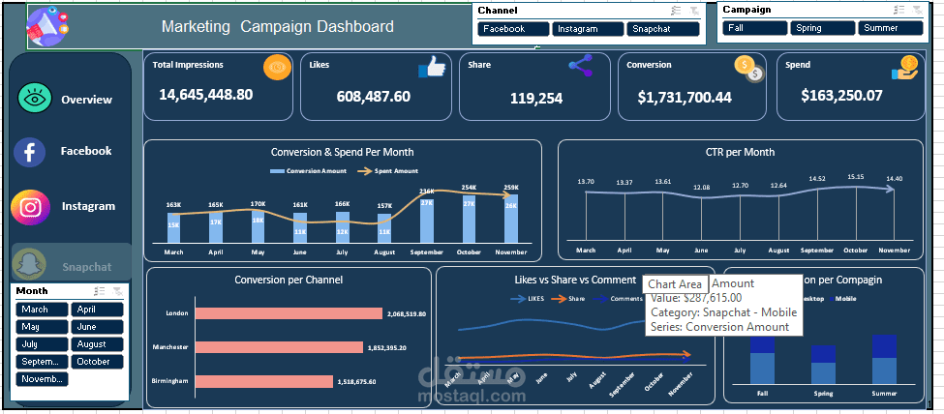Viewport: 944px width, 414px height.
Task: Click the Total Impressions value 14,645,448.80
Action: (x=205, y=95)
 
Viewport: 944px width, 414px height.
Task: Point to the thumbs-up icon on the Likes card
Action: (x=431, y=67)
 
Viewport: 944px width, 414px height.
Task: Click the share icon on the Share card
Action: (x=580, y=66)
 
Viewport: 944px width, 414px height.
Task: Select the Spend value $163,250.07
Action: (x=841, y=96)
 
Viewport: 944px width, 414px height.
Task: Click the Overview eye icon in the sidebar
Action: (x=34, y=100)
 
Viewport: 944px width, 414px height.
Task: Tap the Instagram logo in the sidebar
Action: (x=31, y=207)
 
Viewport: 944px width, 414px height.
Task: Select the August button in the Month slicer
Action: (x=97, y=344)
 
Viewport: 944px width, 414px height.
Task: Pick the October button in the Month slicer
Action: (x=97, y=362)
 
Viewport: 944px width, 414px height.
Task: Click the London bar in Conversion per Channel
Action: (x=289, y=314)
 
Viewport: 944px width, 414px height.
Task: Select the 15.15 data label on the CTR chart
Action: (x=855, y=177)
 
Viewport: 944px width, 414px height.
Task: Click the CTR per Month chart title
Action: (x=740, y=152)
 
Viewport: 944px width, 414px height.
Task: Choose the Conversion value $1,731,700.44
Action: (x=685, y=98)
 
